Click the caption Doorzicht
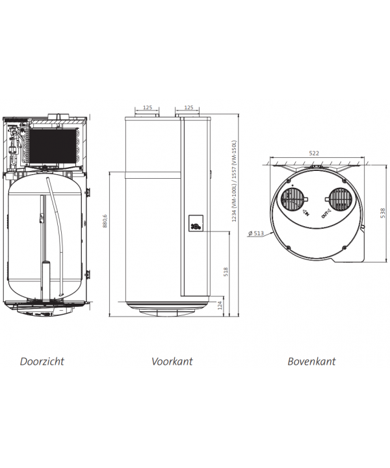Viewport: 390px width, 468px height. [42, 361]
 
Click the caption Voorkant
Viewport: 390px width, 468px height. [172, 361]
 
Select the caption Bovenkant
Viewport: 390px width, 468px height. [311, 361]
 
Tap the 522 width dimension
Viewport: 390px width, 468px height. [314, 153]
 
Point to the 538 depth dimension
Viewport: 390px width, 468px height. [383, 213]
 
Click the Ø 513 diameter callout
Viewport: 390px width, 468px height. [256, 233]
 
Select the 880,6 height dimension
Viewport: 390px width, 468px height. [105, 221]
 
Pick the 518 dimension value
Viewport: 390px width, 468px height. [226, 272]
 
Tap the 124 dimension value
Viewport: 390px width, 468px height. [220, 305]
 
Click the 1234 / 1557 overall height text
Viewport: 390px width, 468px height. [234, 181]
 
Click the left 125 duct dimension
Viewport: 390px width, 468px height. [148, 107]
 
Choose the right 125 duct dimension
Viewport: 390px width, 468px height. [188, 107]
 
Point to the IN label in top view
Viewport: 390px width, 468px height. [306, 213]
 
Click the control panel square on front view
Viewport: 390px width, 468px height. [196, 223]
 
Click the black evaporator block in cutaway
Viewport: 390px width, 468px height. [53, 147]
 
